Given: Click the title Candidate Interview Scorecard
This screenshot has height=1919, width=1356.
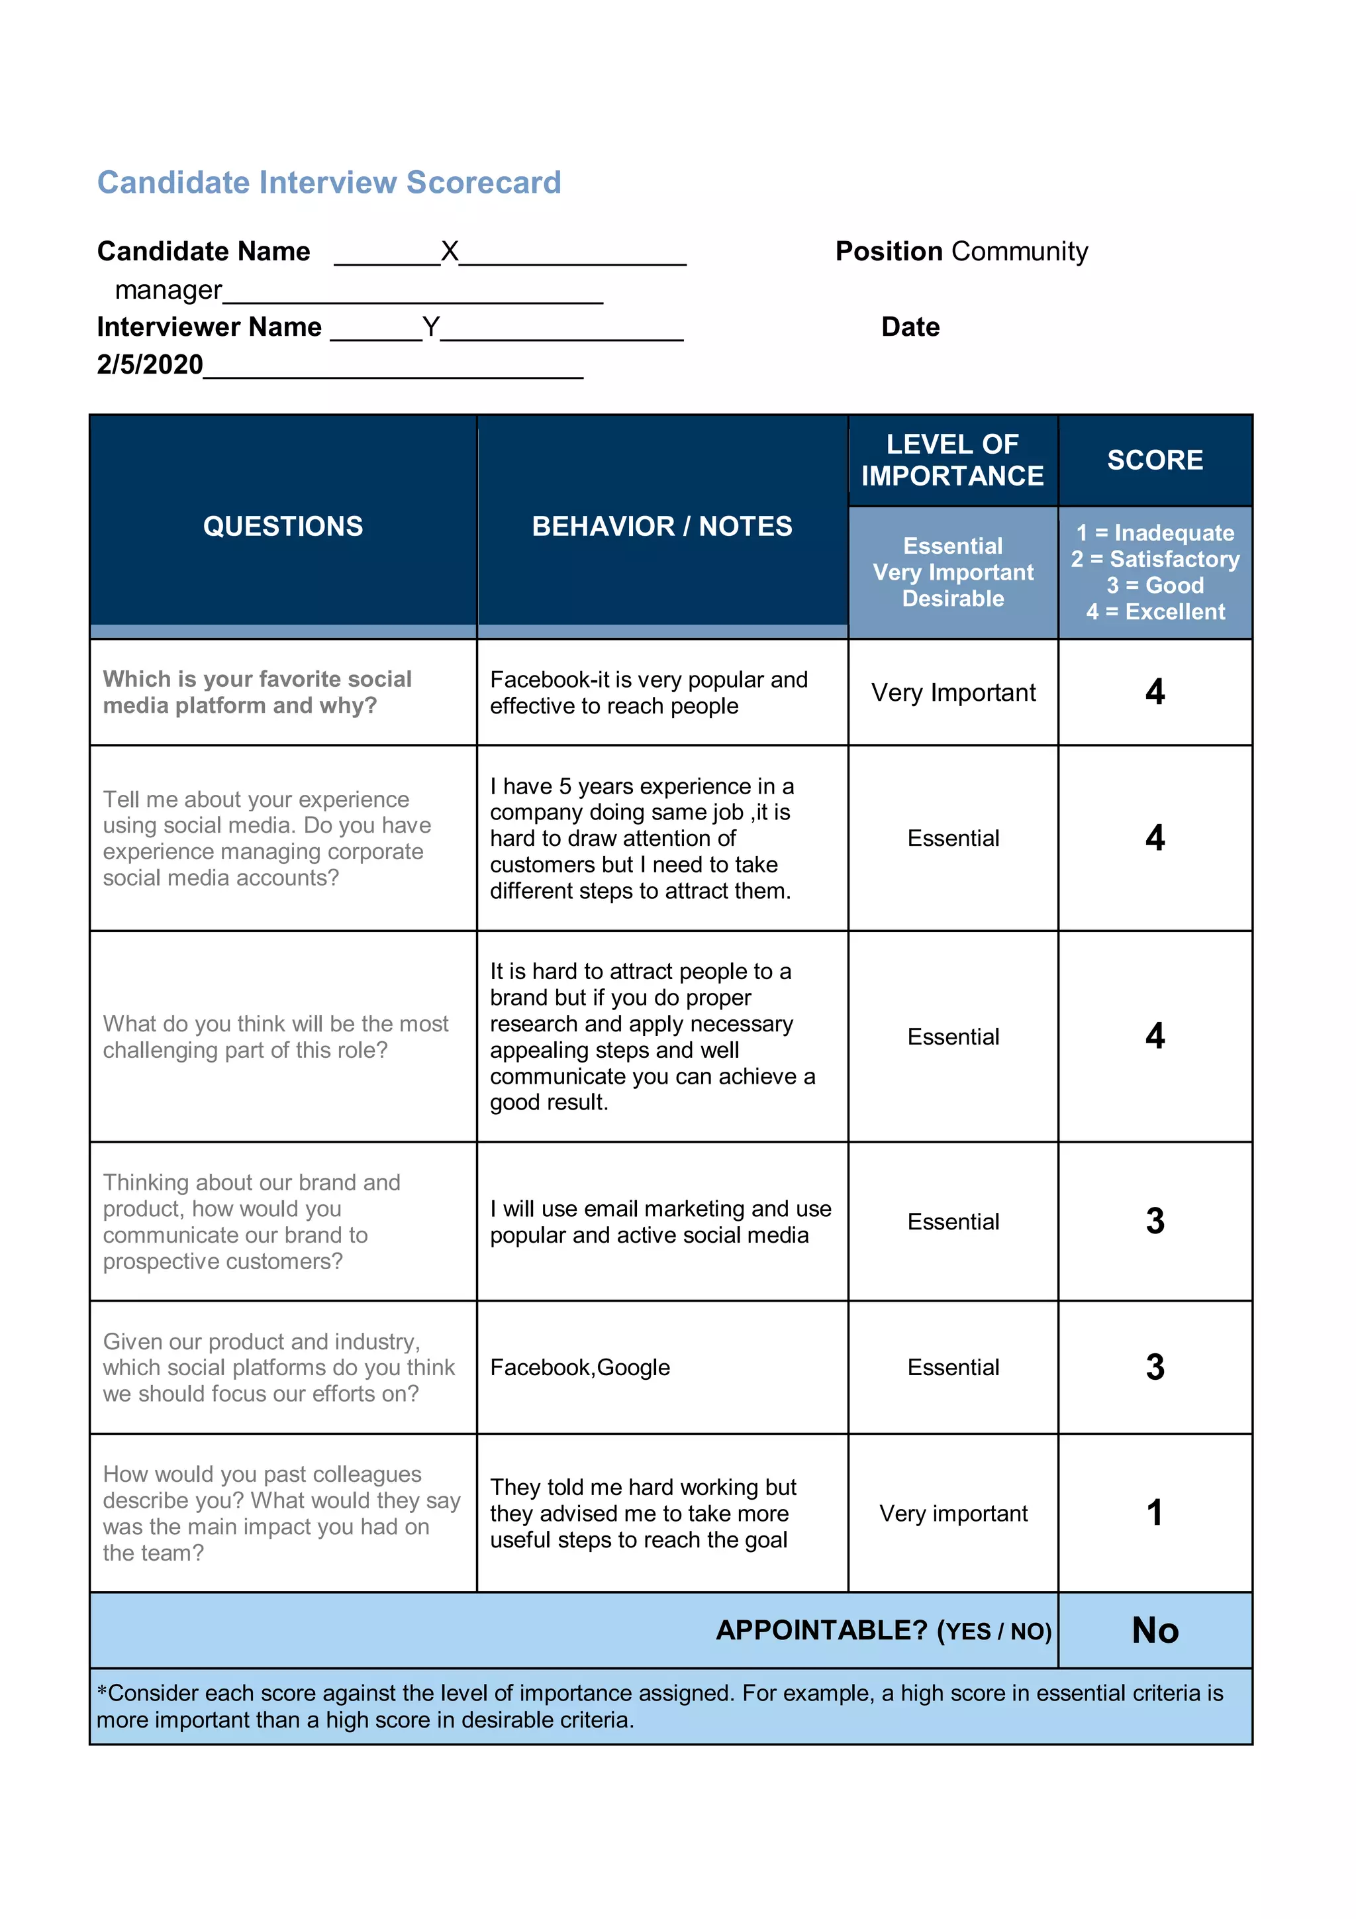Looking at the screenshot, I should click(x=328, y=182).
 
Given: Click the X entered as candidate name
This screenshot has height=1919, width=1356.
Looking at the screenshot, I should click(x=450, y=251).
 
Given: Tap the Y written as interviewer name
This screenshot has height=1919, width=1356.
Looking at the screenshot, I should click(x=430, y=326).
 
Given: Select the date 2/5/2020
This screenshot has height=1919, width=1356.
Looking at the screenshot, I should click(x=150, y=364).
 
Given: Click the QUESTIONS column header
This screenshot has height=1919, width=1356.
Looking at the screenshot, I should click(x=283, y=526).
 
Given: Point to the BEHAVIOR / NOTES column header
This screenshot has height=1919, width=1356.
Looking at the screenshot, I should click(x=661, y=526).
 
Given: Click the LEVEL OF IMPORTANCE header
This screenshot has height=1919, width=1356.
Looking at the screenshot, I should click(x=953, y=460).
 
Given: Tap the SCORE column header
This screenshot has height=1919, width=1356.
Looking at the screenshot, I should click(x=1155, y=460).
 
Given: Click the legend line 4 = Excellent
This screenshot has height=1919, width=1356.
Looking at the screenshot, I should click(x=1155, y=611).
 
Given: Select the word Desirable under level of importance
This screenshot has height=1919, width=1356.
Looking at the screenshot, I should click(x=953, y=598).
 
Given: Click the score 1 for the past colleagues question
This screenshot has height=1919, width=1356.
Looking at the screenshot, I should click(x=1155, y=1513).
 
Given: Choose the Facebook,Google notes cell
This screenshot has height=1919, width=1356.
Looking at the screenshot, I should click(x=580, y=1367).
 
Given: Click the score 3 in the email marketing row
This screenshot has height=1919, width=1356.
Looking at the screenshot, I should click(x=1155, y=1221).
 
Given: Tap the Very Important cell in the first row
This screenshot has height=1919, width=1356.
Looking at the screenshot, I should click(x=953, y=692).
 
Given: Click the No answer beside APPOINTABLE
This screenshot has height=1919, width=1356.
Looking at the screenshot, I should click(x=1155, y=1630).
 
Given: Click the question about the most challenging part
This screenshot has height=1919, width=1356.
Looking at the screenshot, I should click(x=275, y=1037).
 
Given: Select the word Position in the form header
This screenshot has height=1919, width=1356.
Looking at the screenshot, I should click(x=889, y=251).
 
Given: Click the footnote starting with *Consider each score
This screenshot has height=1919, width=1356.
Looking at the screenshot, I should click(x=660, y=1706).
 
